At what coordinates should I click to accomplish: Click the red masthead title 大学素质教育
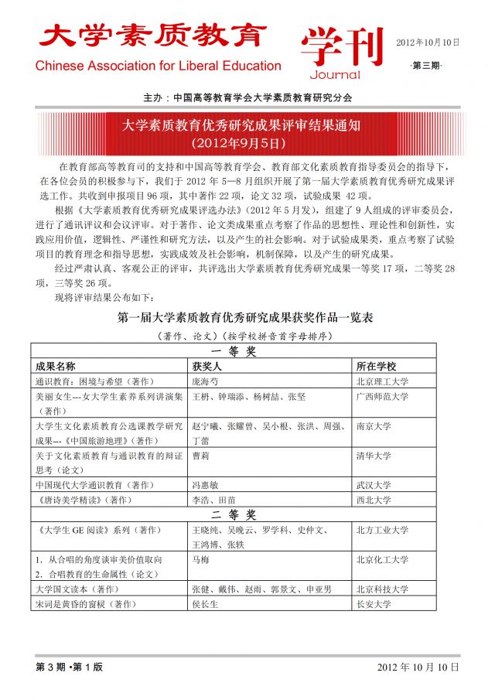(153, 36)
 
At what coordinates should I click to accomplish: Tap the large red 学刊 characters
(342, 46)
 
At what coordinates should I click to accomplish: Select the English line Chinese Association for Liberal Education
(158, 66)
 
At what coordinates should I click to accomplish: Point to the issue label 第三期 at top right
(425, 66)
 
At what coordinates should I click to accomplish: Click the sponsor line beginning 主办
(247, 98)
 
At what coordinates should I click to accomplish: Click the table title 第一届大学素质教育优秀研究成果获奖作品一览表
(245, 317)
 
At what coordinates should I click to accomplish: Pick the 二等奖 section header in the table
(234, 514)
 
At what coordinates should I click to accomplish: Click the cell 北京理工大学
(382, 381)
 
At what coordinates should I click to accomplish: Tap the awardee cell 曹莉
(200, 456)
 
